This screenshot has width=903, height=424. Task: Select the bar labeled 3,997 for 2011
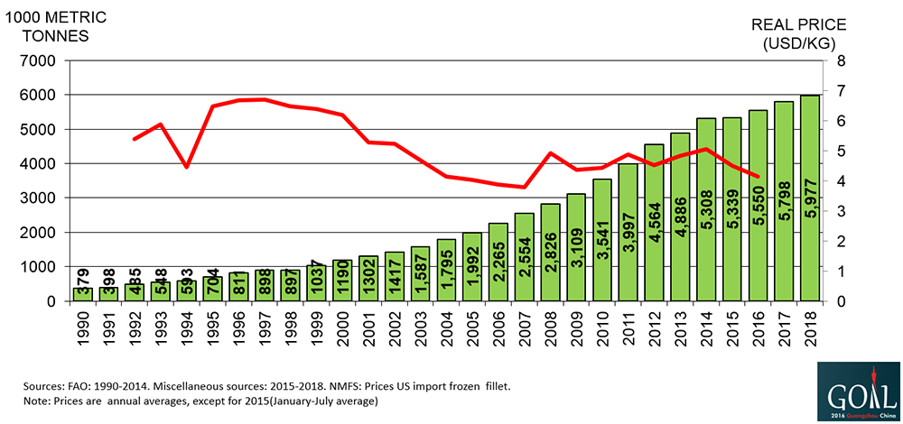point(627,232)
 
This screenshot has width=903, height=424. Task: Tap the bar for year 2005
point(470,266)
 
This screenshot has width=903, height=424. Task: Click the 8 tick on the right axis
point(841,61)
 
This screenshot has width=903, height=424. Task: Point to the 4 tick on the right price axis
point(841,181)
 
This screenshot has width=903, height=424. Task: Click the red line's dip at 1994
point(186,167)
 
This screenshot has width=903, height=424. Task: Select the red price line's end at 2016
point(758,177)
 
